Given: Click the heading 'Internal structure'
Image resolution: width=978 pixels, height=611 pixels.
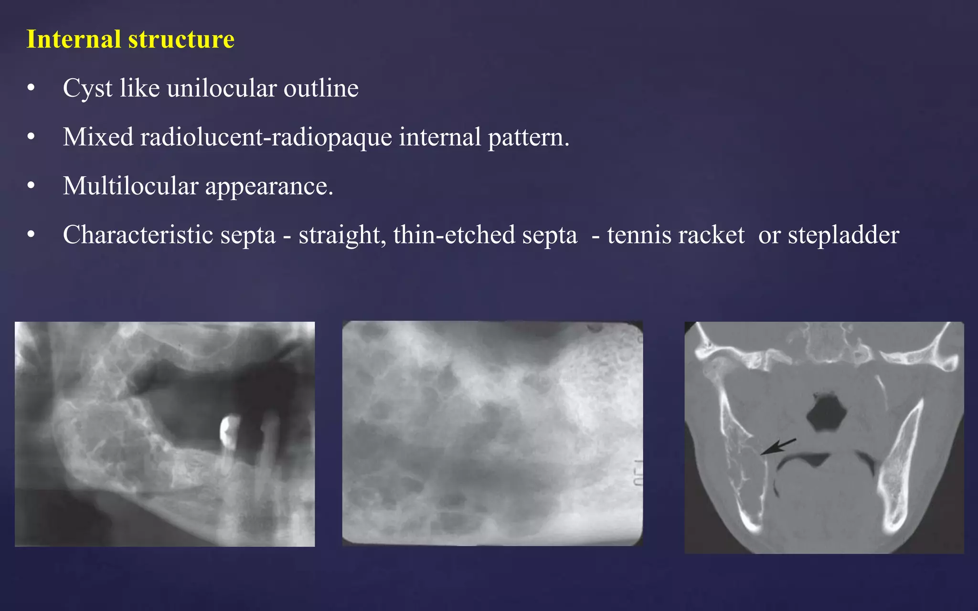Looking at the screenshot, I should [x=130, y=39].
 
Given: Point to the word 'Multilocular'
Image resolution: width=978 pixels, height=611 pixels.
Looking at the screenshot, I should [x=130, y=186].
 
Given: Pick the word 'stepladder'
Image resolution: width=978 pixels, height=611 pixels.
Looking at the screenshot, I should [x=843, y=235].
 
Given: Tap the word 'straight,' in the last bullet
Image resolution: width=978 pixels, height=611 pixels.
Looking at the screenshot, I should [x=342, y=235].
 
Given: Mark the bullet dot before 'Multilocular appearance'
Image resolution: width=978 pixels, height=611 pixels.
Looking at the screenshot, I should [x=31, y=186].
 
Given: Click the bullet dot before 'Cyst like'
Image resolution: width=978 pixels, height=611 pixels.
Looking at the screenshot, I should [x=31, y=88].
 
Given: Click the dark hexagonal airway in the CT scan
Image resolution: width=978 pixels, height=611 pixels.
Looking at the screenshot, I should [x=826, y=413].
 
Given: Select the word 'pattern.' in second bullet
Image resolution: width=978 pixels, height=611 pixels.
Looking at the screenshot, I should [x=529, y=137].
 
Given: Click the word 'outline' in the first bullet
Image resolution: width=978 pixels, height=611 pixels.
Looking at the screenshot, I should [x=321, y=88].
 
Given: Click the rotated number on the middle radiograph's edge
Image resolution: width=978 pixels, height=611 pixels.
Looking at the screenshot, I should [x=638, y=473].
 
